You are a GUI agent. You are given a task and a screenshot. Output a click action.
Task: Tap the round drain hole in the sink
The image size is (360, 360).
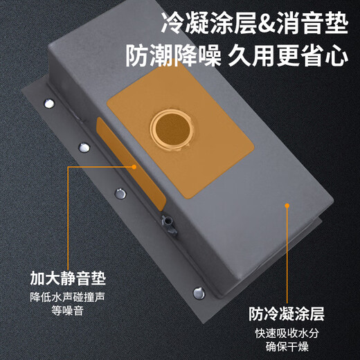coord(170,127)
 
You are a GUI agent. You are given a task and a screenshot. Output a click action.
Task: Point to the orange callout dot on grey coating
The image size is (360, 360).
coord(285,204)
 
